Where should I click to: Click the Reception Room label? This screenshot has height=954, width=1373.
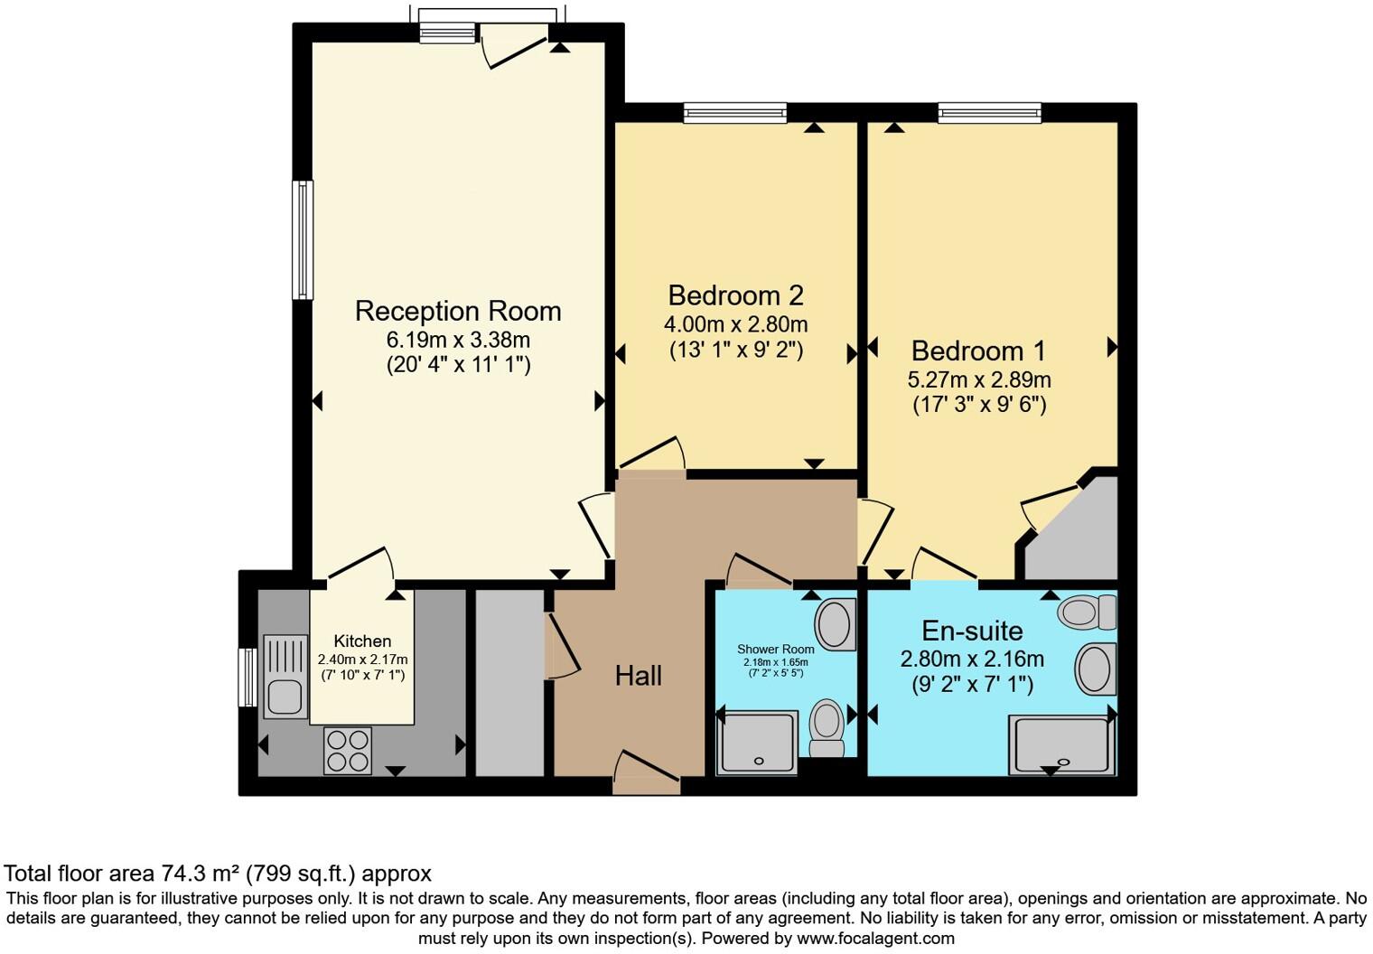coord(458,311)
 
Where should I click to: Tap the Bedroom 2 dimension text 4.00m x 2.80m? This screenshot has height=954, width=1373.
coord(735,323)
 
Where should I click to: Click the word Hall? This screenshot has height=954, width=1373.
coord(639,675)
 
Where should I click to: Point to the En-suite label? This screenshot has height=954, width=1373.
coord(972,631)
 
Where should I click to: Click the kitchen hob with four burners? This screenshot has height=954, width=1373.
coord(348,750)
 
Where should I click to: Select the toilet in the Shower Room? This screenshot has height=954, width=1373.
coord(826,726)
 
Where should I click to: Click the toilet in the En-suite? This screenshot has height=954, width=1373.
coord(1087,612)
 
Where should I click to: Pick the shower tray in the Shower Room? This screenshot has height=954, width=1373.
coord(757,743)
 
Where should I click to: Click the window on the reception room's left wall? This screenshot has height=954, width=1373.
coord(303,239)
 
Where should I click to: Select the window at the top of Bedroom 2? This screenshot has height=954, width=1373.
coord(735,113)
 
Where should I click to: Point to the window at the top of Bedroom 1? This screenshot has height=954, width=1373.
coord(989,113)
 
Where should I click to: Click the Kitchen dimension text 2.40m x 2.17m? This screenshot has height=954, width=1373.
coord(362,659)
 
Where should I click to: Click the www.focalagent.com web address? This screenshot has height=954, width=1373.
coord(875,938)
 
